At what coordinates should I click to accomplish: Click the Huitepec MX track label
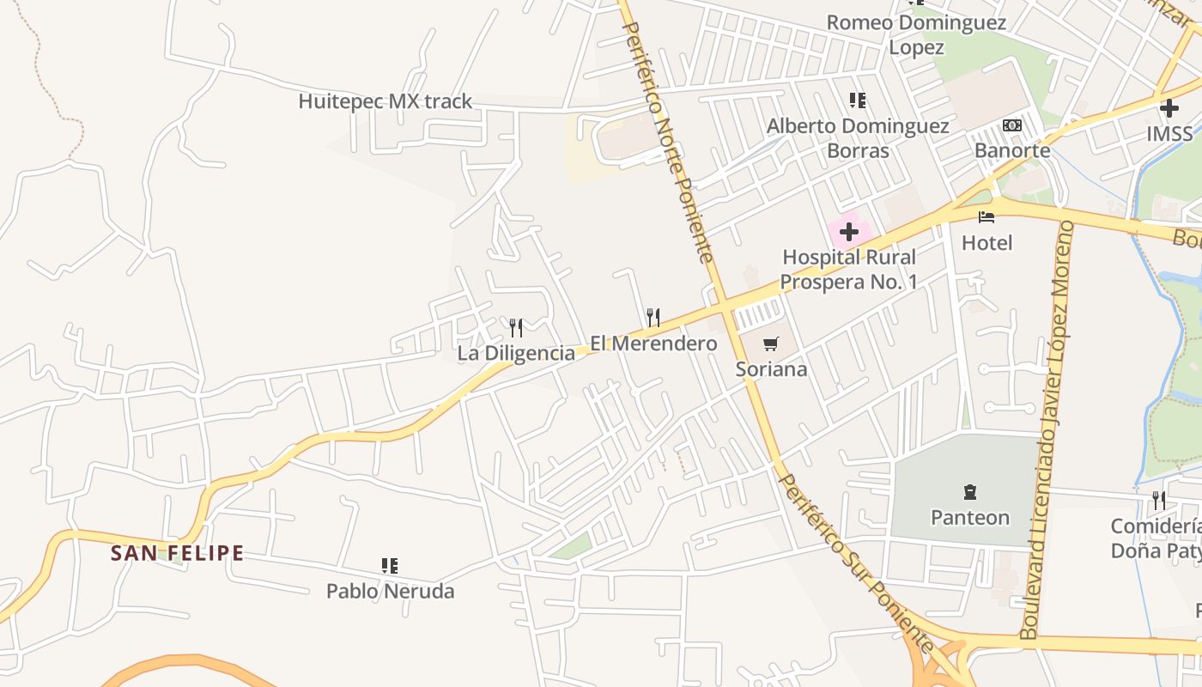pyautogui.click(x=385, y=101)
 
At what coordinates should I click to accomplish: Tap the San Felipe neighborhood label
pyautogui.click(x=177, y=553)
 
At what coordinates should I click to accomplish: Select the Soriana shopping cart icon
pyautogui.click(x=770, y=344)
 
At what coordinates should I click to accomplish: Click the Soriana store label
pyautogui.click(x=772, y=369)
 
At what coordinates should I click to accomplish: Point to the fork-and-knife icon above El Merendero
pyautogui.click(x=653, y=318)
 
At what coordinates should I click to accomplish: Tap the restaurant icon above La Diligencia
pyautogui.click(x=516, y=327)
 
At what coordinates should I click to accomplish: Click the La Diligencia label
pyautogui.click(x=516, y=353)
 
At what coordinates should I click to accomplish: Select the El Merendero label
pyautogui.click(x=653, y=343)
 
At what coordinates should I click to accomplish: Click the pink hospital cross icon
pyautogui.click(x=849, y=232)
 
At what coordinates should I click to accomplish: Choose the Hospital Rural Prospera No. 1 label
pyautogui.click(x=849, y=269)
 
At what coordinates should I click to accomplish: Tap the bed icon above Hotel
pyautogui.click(x=986, y=217)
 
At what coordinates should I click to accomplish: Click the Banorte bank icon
pyautogui.click(x=1012, y=125)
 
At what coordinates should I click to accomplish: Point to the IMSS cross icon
pyautogui.click(x=1169, y=108)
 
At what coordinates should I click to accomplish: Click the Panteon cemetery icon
pyautogui.click(x=970, y=492)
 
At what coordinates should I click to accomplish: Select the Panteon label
pyautogui.click(x=970, y=518)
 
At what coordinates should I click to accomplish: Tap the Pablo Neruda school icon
pyautogui.click(x=390, y=565)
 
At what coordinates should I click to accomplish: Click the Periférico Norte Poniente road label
pyautogui.click(x=667, y=142)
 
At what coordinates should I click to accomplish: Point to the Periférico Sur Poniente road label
pyautogui.click(x=855, y=562)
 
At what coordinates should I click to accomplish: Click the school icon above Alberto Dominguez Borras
pyautogui.click(x=857, y=100)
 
